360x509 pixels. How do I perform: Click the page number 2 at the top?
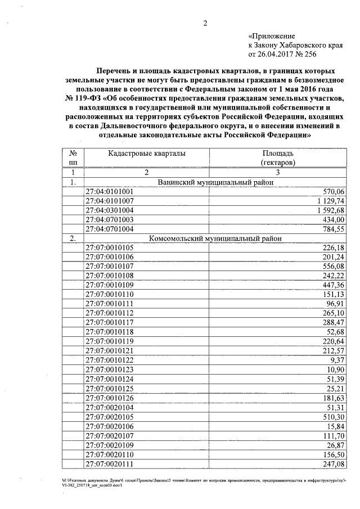pos(205,24)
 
